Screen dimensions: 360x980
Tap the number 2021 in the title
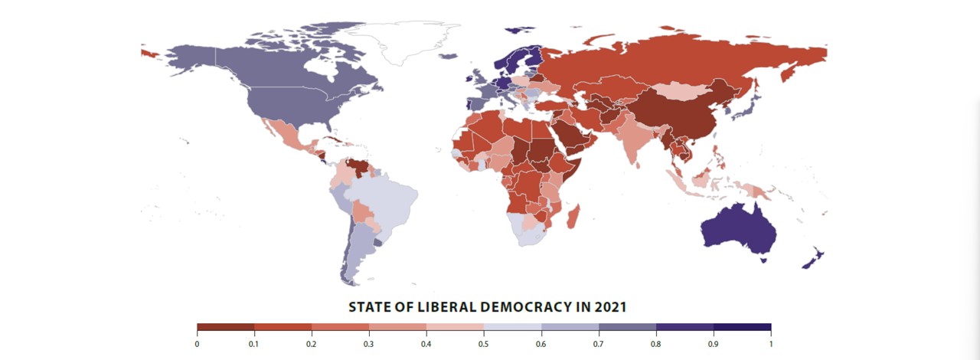click(x=609, y=307)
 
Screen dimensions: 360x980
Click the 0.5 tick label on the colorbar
click(x=484, y=344)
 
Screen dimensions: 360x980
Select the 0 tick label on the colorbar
click(x=197, y=344)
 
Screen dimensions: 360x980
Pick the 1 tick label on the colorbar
click(x=771, y=344)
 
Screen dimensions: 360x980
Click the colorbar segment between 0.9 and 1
click(x=742, y=327)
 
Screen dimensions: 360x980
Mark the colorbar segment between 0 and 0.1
click(x=225, y=327)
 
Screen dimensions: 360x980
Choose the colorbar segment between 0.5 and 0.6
click(x=512, y=327)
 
